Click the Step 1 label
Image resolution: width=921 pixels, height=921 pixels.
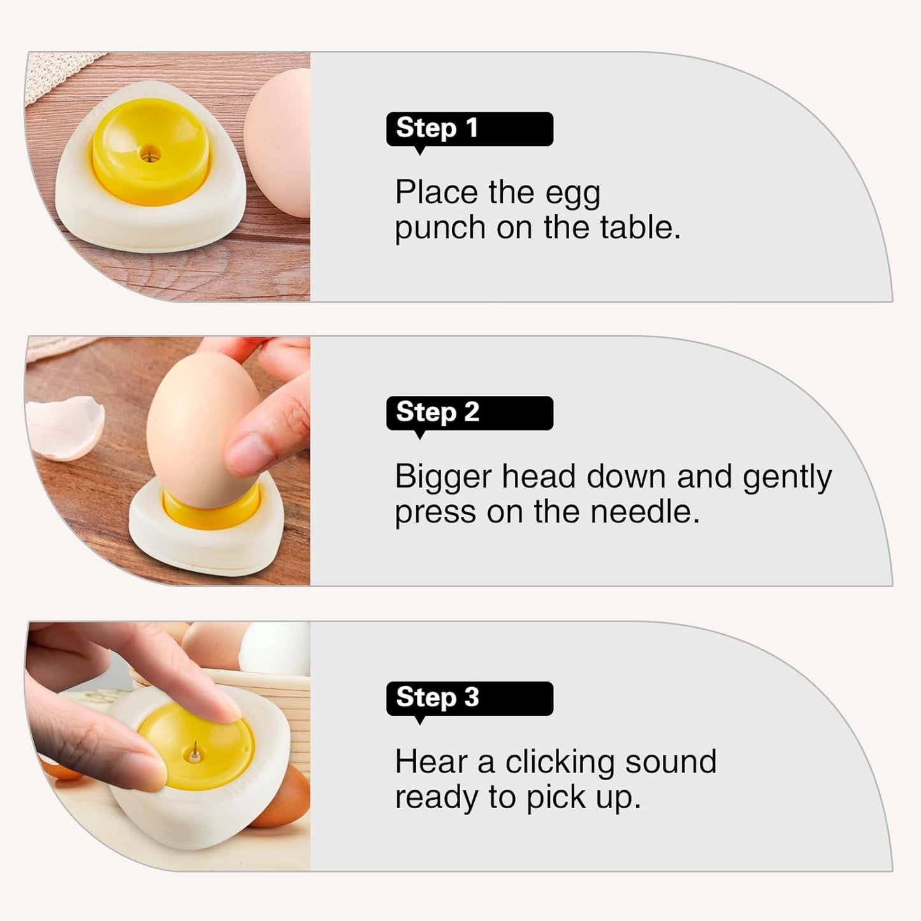point(469,129)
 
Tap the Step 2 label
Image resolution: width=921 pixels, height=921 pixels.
point(469,413)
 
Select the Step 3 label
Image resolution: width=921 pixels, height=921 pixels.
point(469,698)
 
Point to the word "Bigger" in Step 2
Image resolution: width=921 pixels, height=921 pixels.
point(443,478)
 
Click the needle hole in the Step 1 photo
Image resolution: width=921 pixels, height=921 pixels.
point(150,154)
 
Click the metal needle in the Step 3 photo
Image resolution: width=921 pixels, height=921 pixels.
point(194,753)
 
